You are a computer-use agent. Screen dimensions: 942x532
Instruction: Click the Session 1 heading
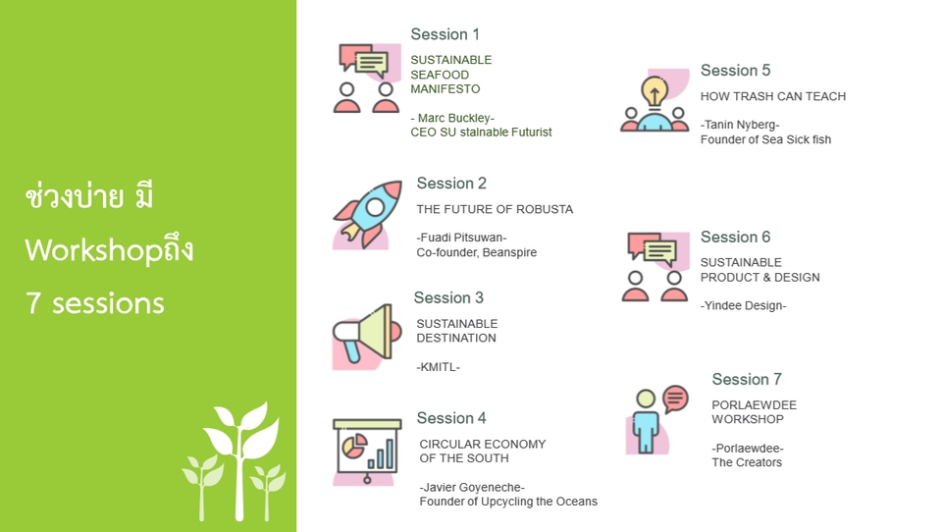(445, 34)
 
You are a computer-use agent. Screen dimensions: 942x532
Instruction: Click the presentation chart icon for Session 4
(367, 452)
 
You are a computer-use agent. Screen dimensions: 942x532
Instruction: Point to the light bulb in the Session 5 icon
(654, 92)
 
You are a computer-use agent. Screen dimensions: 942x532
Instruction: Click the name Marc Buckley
(456, 118)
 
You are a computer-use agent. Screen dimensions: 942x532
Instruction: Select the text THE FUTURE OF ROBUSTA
(495, 209)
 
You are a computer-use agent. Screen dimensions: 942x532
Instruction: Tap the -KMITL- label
(438, 367)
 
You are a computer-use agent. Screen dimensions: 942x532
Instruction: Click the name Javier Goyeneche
(472, 487)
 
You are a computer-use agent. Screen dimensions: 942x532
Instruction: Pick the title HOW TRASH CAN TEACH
(772, 96)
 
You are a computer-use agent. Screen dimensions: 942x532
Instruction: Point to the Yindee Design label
(743, 305)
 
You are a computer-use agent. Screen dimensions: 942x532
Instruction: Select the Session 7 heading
(746, 379)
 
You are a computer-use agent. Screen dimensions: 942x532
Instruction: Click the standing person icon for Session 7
(647, 421)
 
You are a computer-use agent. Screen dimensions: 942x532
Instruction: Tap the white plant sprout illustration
(235, 461)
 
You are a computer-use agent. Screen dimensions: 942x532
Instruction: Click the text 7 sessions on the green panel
(95, 303)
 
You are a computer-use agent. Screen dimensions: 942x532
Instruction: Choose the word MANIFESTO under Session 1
(445, 89)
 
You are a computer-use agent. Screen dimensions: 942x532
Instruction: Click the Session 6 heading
(735, 237)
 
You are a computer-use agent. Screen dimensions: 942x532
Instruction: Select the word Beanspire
(509, 252)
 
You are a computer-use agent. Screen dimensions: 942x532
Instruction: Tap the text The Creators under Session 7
(747, 462)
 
